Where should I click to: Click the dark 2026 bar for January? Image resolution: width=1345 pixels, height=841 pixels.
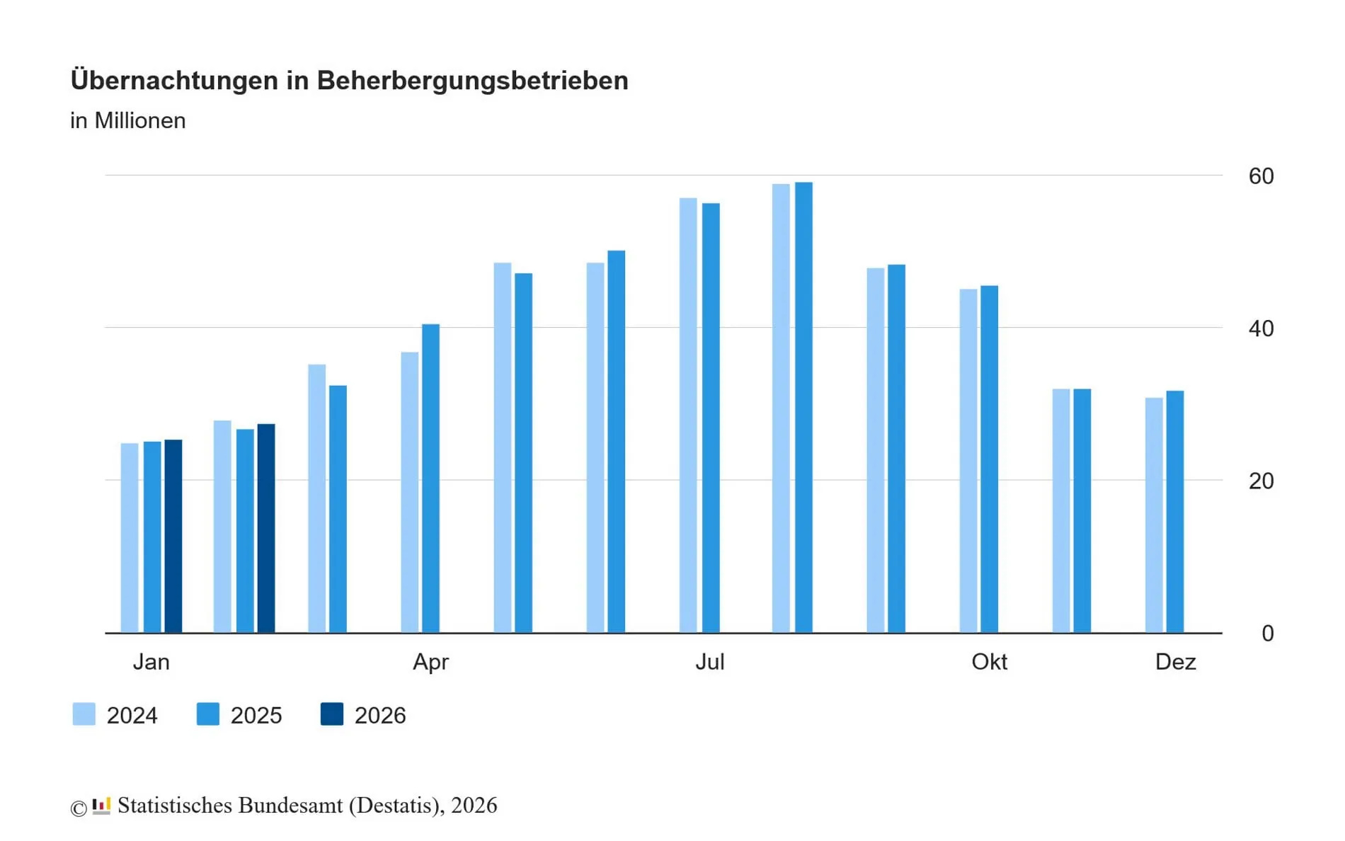click(x=173, y=536)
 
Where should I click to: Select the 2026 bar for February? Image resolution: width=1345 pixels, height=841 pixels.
click(x=266, y=528)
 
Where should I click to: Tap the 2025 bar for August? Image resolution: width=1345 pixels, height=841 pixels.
click(x=803, y=407)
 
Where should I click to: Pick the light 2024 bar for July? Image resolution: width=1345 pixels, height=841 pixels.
click(x=688, y=415)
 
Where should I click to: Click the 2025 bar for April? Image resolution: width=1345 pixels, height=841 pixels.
click(x=430, y=478)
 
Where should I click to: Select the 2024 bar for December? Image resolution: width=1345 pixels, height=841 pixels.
click(x=1154, y=515)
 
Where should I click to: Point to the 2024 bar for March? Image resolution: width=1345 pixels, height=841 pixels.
click(x=317, y=498)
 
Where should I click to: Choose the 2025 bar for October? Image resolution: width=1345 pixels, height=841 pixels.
click(x=989, y=459)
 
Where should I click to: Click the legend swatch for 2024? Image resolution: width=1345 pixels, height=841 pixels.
click(x=84, y=714)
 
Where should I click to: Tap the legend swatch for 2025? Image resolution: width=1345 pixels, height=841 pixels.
click(x=208, y=714)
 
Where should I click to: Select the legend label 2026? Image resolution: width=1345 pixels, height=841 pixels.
click(x=380, y=716)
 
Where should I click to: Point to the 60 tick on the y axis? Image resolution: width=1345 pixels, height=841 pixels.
click(x=1261, y=176)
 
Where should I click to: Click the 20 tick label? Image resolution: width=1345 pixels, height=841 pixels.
click(x=1261, y=481)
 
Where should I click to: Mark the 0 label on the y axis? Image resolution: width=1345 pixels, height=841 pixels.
click(x=1267, y=634)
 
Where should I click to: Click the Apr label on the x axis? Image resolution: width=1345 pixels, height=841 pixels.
click(x=430, y=662)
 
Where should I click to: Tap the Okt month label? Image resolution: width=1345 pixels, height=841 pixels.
click(x=989, y=662)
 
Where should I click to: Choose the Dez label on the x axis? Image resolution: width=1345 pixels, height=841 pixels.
click(x=1175, y=662)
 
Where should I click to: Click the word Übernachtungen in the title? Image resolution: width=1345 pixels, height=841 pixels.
click(x=174, y=81)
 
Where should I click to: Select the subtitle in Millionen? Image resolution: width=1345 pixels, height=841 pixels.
click(x=128, y=121)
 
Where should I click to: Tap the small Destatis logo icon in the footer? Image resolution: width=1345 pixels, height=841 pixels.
click(x=102, y=806)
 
